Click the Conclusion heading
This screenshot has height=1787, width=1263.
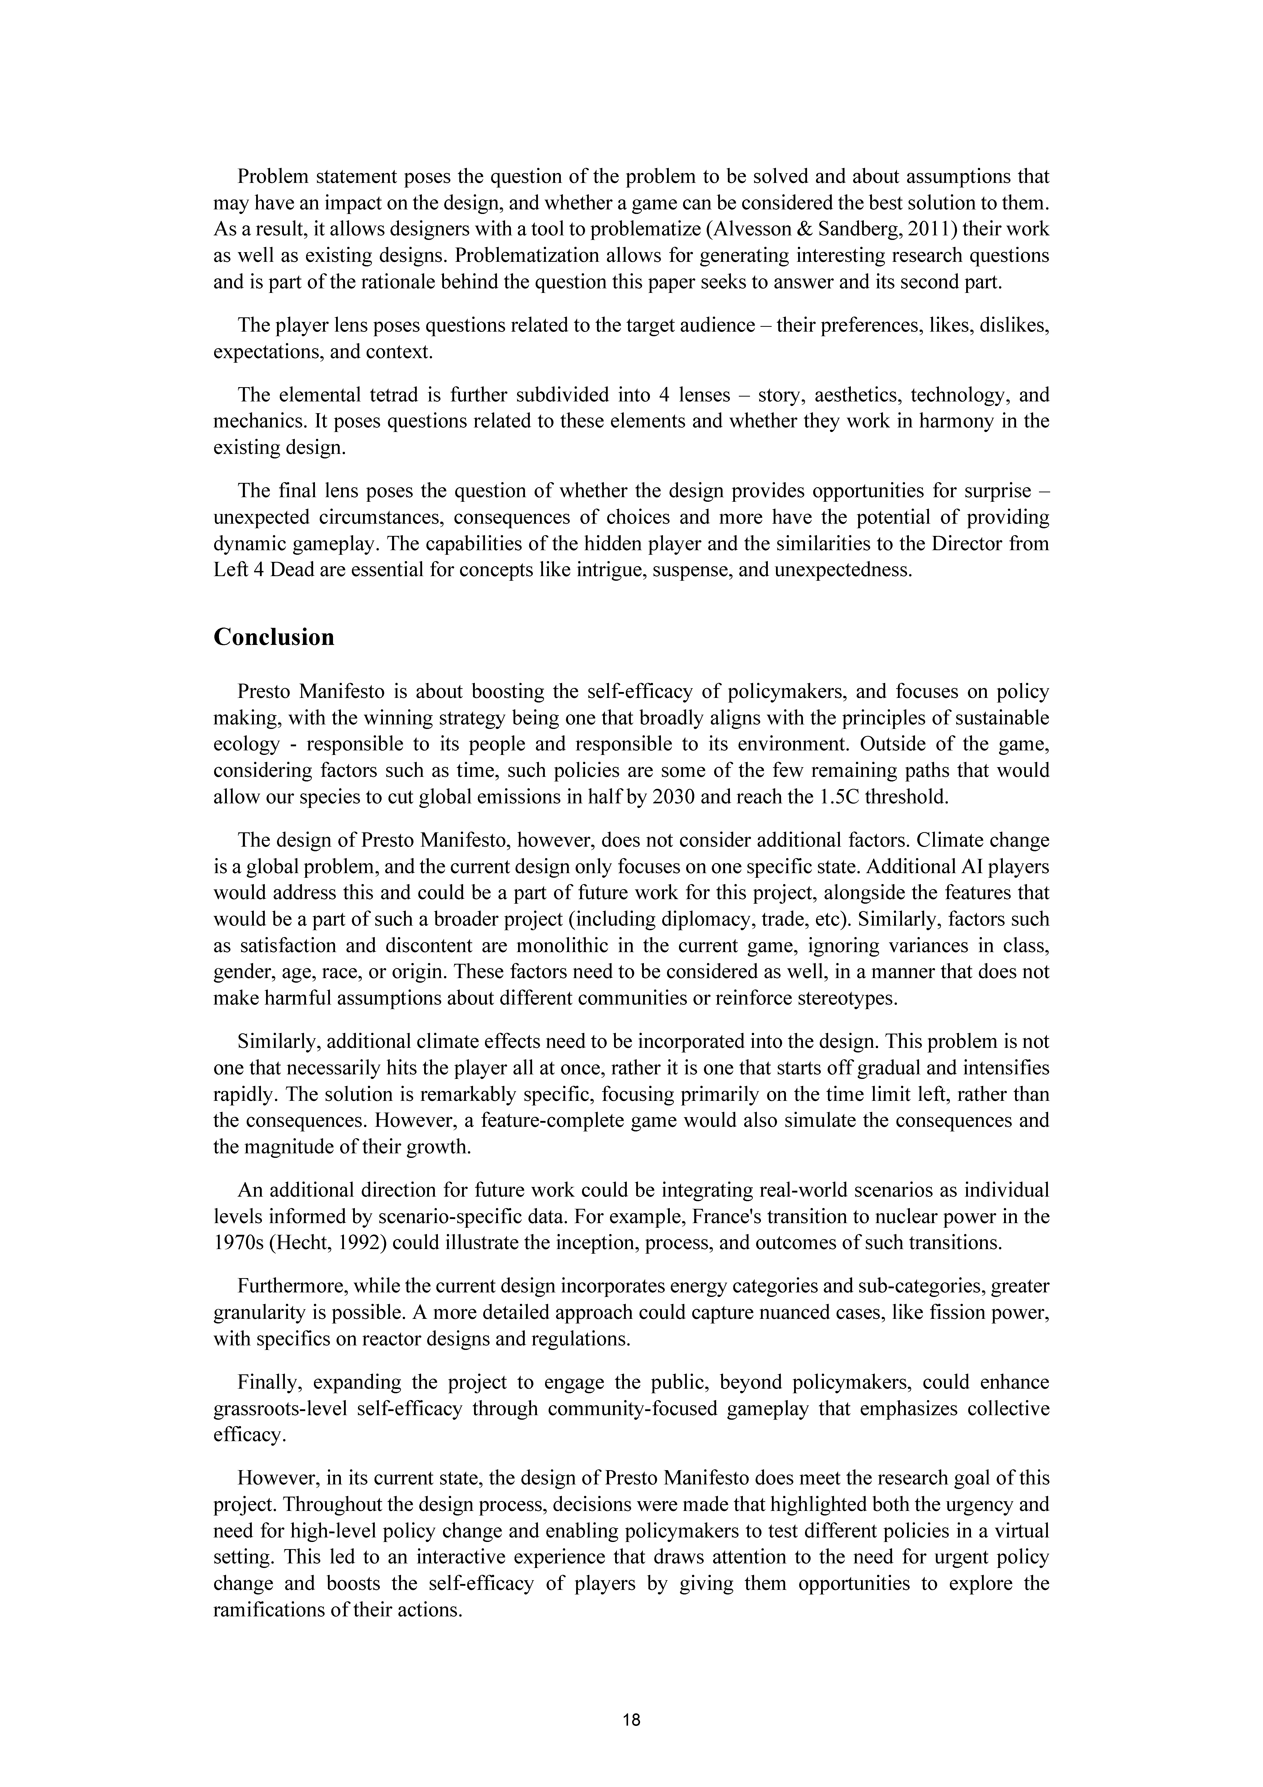274,638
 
